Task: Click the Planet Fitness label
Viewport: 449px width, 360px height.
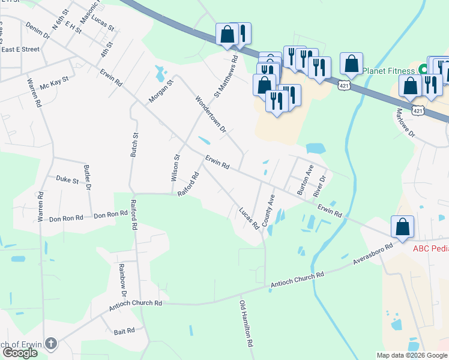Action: (388, 70)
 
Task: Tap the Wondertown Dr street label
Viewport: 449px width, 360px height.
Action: (209, 113)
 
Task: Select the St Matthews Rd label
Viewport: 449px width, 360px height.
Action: (227, 76)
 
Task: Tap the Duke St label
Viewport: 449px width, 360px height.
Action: (67, 179)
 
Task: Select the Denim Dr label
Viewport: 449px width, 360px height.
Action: (37, 31)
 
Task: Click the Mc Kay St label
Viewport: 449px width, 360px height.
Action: (55, 83)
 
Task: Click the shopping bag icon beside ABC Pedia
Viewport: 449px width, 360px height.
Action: (402, 227)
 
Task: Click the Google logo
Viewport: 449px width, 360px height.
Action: (19, 353)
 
